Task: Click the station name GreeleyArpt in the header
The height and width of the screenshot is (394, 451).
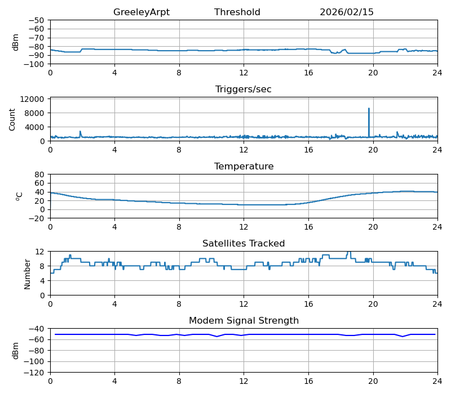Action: click(x=141, y=12)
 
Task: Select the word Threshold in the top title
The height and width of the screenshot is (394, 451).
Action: click(x=237, y=12)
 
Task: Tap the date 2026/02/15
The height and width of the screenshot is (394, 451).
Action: click(x=347, y=12)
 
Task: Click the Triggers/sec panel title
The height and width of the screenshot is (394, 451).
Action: click(x=244, y=89)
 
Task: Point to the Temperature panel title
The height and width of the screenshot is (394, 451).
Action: click(x=244, y=167)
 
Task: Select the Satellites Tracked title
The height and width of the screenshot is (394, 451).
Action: click(x=244, y=244)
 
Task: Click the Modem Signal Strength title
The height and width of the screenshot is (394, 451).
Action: click(x=244, y=321)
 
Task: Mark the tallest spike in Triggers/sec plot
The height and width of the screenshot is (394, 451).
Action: click(x=369, y=109)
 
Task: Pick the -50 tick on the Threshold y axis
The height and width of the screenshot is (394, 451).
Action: click(x=38, y=20)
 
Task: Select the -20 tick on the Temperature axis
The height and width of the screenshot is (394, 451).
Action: click(x=38, y=218)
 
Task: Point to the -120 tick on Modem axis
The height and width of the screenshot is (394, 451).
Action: click(x=36, y=373)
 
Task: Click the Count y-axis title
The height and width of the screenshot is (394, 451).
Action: click(x=12, y=119)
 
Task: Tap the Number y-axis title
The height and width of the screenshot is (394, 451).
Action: click(x=28, y=274)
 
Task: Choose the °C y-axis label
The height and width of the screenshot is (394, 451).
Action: click(x=19, y=196)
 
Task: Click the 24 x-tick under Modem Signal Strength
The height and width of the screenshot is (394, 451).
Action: click(x=437, y=380)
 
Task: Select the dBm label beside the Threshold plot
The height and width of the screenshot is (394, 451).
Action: click(x=16, y=42)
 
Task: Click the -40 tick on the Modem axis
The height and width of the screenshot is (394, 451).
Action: click(x=38, y=329)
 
